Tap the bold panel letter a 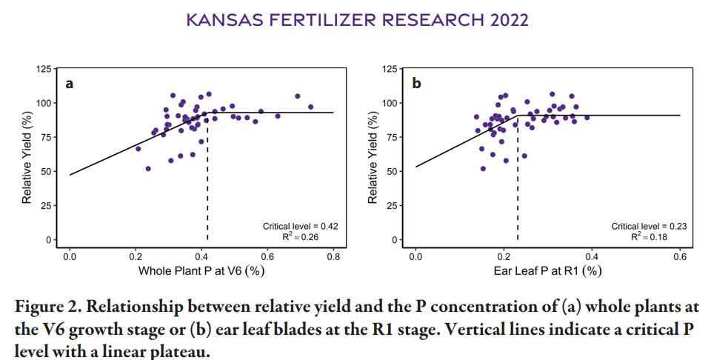tap(69, 84)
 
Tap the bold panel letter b tap(416, 84)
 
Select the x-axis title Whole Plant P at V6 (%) tap(201, 271)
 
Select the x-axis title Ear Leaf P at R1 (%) tap(547, 271)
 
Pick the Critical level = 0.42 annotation tap(300, 225)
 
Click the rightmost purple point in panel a tap(310, 107)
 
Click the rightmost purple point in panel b tap(587, 117)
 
